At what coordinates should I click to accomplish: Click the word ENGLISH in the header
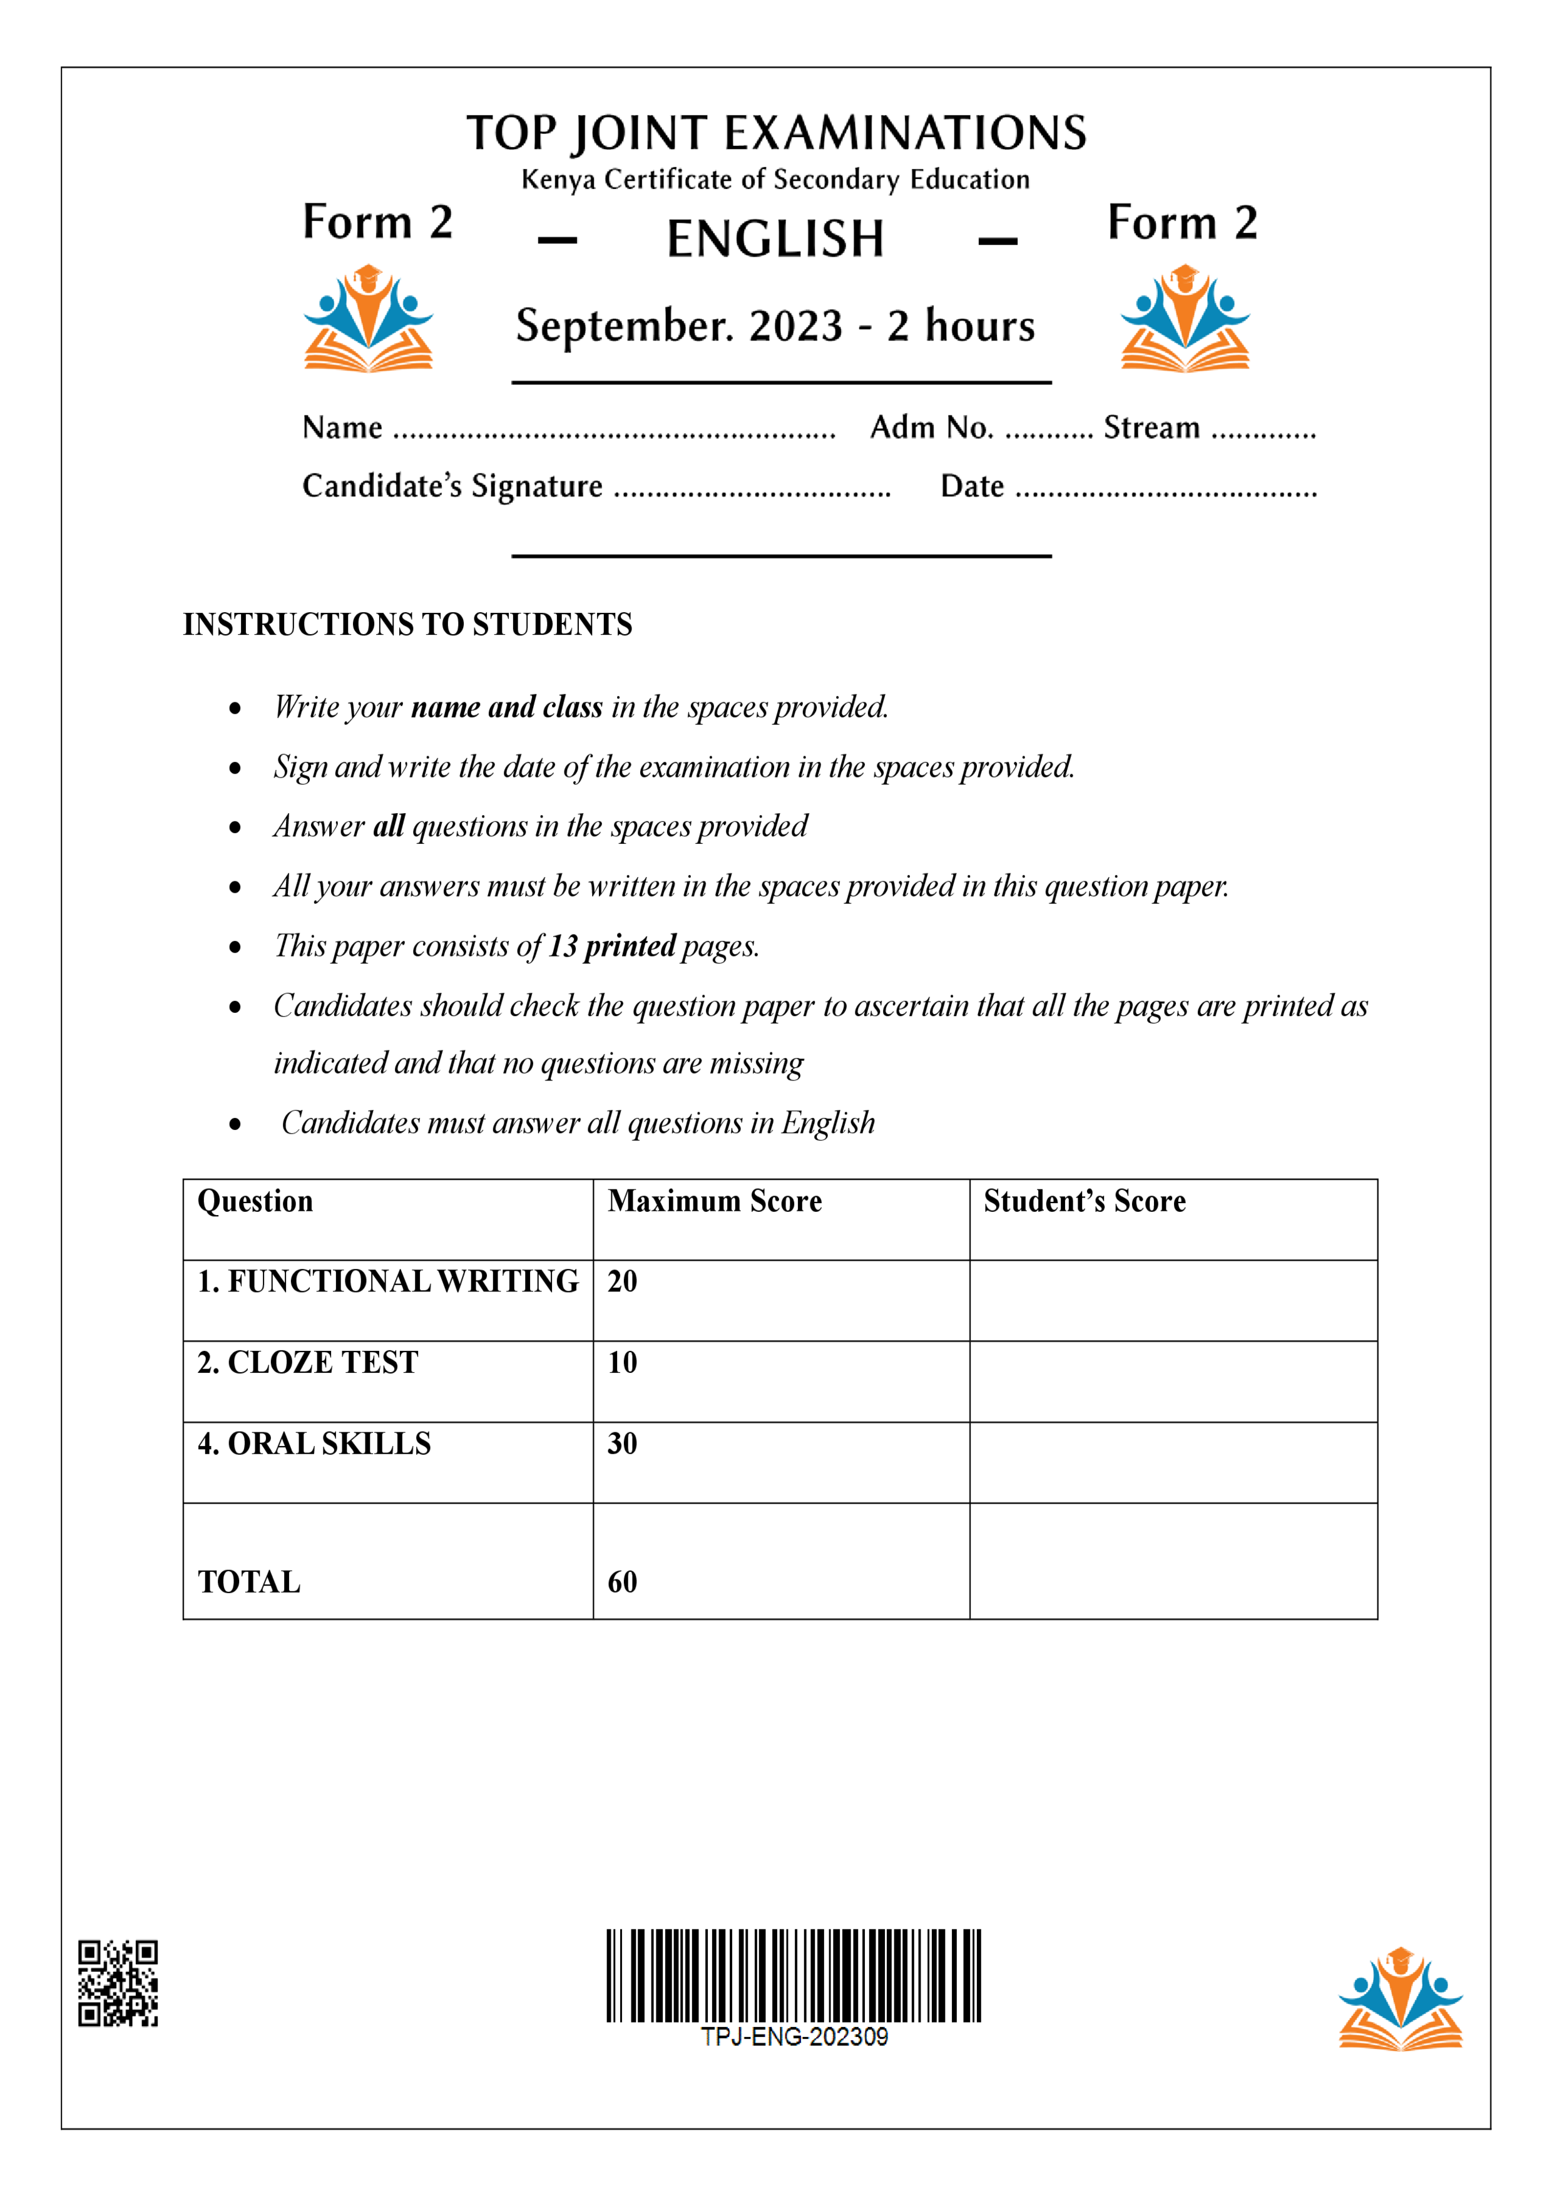[775, 239]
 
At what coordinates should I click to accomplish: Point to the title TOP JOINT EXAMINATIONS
[775, 133]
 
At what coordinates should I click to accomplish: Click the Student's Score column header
[1085, 1201]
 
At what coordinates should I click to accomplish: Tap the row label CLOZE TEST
[308, 1363]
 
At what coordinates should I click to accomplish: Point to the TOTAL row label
[248, 1582]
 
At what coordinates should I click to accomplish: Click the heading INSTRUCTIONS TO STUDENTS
[407, 625]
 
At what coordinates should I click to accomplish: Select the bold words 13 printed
[612, 946]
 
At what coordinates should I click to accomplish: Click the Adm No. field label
[931, 428]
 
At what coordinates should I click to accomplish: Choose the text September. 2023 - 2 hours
[775, 326]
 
